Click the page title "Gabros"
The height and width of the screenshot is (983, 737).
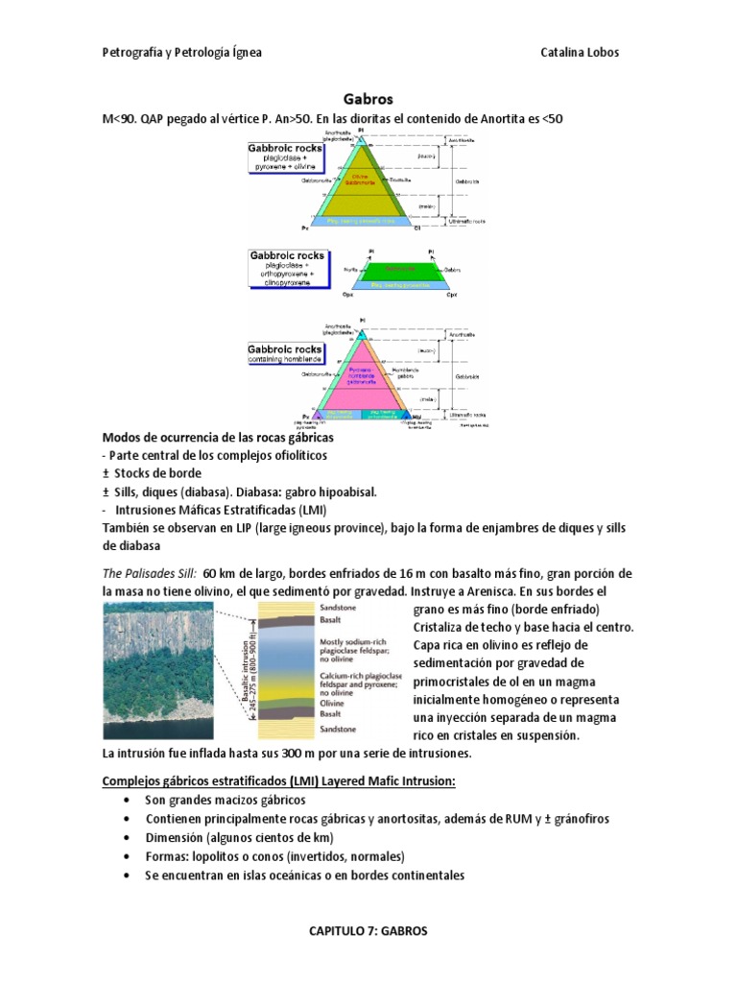point(368,98)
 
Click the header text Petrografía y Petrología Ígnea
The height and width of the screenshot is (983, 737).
point(181,52)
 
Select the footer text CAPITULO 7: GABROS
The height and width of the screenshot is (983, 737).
point(368,931)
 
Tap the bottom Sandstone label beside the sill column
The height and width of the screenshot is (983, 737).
point(332,731)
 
